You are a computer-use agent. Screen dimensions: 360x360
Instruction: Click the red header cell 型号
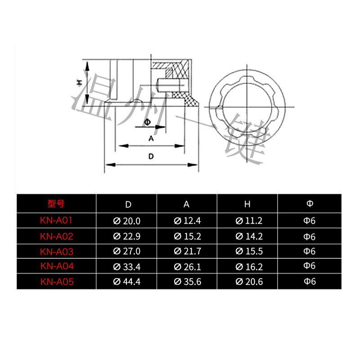coord(56,204)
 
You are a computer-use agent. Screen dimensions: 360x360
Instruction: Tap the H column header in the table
coord(247,204)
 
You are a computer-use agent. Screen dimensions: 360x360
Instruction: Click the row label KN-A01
coord(56,221)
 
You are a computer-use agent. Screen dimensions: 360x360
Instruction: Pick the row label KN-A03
coord(56,251)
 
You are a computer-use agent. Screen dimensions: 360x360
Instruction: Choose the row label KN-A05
coord(56,281)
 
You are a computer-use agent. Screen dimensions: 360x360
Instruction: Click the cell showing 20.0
coord(127,221)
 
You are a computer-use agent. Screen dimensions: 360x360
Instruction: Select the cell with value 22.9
coord(127,237)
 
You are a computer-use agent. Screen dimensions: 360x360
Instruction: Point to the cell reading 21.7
coord(187,252)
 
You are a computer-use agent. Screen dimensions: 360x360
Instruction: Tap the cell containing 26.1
coord(187,267)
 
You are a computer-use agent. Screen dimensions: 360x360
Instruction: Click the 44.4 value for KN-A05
coord(127,282)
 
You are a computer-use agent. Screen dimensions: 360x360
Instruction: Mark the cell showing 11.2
coord(247,221)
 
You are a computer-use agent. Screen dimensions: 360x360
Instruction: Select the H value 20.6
coord(247,282)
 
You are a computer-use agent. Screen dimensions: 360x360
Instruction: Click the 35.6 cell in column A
coord(187,282)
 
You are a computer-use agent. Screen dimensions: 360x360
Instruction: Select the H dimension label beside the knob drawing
coord(78,82)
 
